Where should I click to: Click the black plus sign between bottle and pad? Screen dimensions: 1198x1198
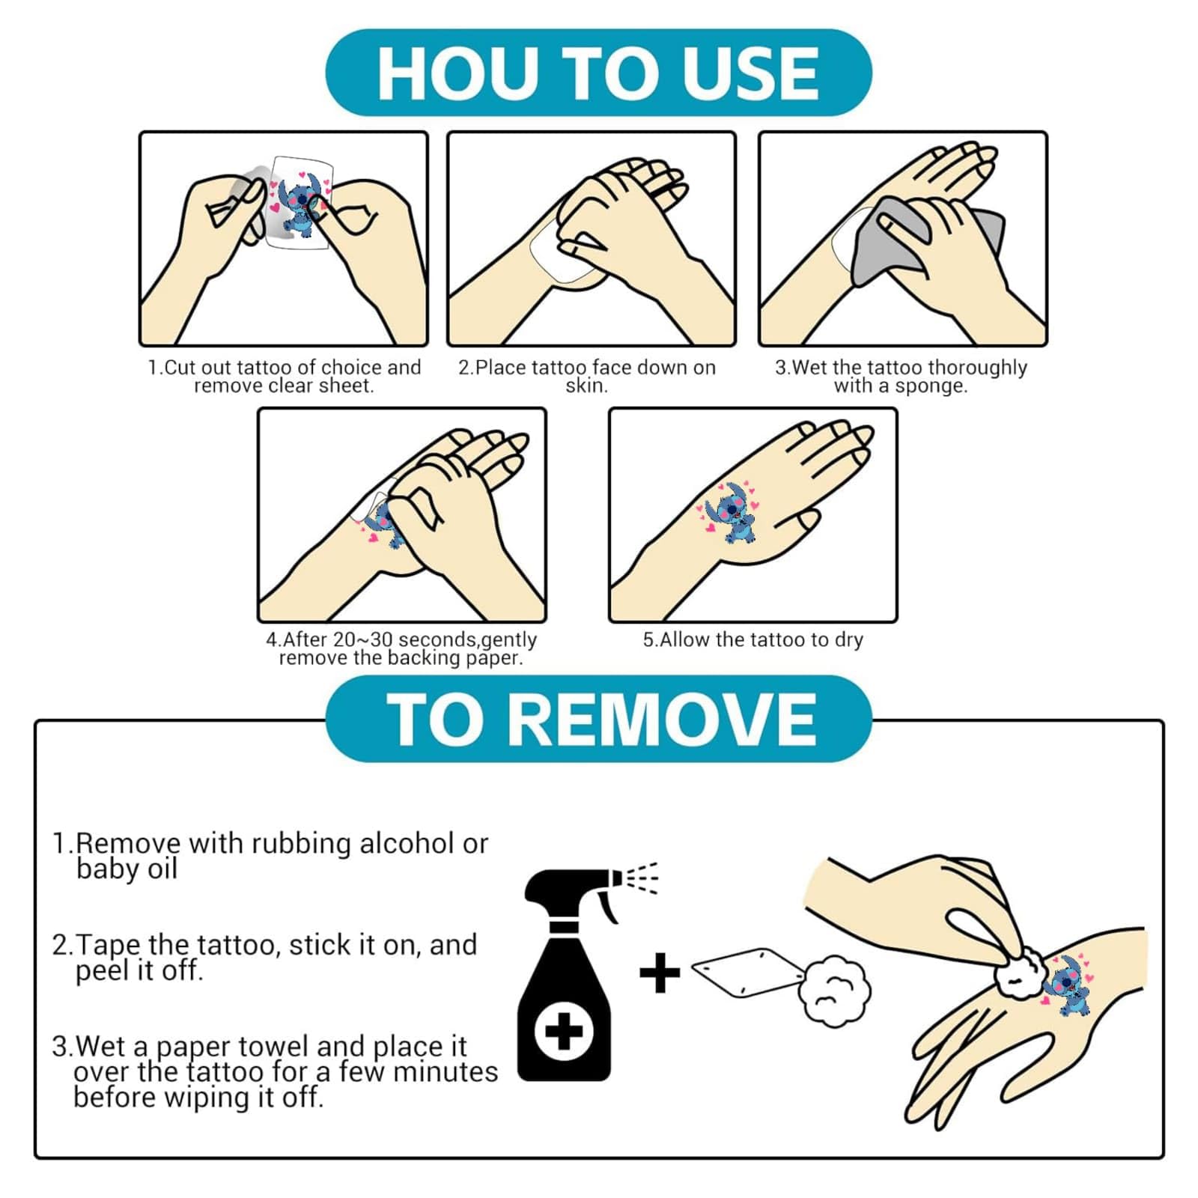pos(660,973)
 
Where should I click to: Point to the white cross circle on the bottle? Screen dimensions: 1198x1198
pos(564,1033)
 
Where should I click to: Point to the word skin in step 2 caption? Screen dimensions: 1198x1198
pos(586,386)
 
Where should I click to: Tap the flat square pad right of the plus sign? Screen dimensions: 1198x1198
pos(748,973)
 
